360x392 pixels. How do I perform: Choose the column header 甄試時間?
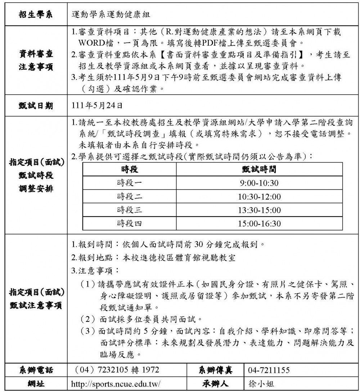pos(259,169)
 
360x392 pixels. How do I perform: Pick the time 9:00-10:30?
pos(259,183)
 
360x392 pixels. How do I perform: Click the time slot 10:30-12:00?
pos(259,197)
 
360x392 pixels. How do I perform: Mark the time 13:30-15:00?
pos(259,210)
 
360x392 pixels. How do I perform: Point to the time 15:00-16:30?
pos(259,224)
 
